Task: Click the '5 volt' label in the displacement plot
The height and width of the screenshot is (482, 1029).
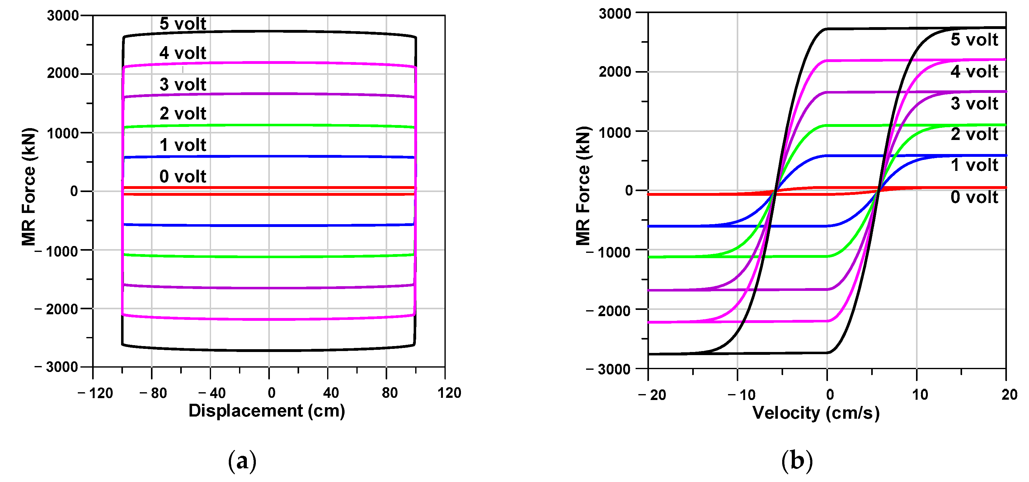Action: tap(183, 24)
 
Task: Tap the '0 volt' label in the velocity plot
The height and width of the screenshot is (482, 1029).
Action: tap(974, 197)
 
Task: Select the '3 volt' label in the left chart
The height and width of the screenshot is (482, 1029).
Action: tap(183, 84)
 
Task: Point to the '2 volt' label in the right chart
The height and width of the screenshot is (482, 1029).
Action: tap(974, 134)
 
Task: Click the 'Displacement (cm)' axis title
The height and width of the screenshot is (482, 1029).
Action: tap(266, 411)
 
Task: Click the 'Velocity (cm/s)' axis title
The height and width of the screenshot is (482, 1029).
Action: tap(816, 413)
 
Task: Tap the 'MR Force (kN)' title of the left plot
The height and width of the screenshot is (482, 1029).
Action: tap(29, 186)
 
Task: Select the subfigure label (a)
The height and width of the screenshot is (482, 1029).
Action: tap(242, 461)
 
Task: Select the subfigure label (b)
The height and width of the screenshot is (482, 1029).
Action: tap(796, 461)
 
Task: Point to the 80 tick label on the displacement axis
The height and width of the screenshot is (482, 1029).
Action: tap(389, 393)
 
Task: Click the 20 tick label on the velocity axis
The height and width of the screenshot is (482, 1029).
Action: tap(1009, 395)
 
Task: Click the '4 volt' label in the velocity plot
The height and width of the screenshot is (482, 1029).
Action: tap(974, 72)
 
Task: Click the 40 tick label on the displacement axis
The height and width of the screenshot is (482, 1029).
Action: tap(331, 393)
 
